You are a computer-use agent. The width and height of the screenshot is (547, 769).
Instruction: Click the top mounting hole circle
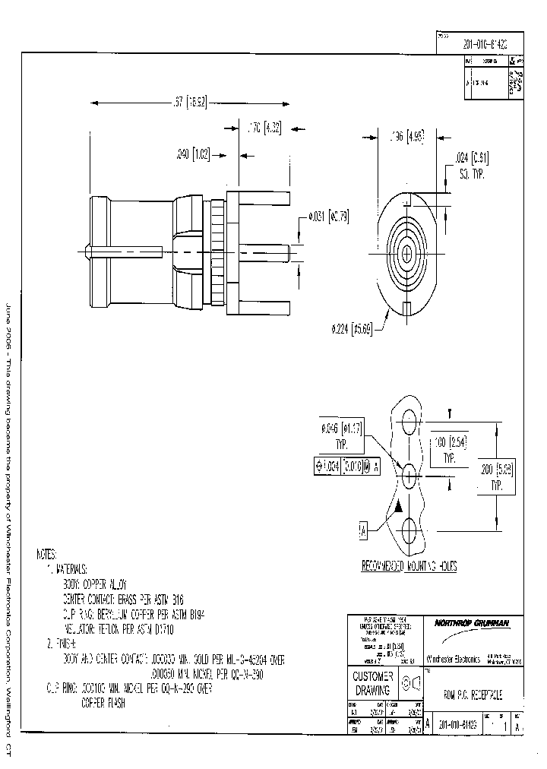click(409, 420)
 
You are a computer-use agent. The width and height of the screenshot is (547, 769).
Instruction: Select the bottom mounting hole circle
click(409, 529)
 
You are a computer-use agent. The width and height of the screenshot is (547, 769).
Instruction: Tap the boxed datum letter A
click(363, 531)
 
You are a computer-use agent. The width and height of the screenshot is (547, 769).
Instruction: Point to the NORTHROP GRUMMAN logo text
click(471, 623)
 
